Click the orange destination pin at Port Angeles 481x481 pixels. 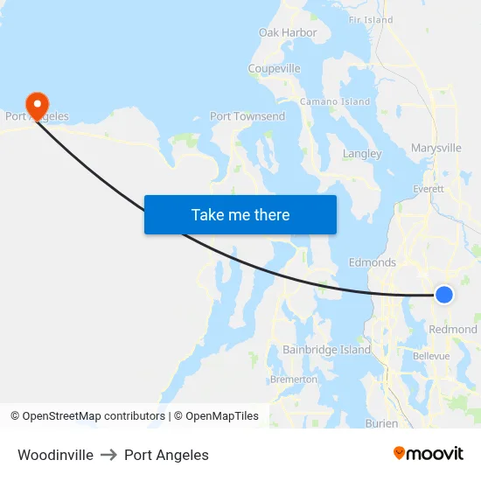38,104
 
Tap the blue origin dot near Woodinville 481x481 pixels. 444,295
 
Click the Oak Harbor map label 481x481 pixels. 288,32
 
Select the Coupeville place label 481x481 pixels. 274,68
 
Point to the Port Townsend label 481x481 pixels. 247,116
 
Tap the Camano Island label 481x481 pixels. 335,101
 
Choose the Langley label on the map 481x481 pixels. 362,153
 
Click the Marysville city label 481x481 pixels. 436,148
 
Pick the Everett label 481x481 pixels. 429,188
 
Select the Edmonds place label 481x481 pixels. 373,262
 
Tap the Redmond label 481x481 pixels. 453,330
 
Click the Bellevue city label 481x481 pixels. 430,356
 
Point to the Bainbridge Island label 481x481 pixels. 326,350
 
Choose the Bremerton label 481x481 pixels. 294,380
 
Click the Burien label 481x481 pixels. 382,423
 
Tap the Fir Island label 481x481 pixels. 371,19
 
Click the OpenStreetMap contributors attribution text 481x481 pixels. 94,416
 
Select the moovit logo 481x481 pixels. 429,454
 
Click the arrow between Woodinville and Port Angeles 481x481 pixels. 108,455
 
